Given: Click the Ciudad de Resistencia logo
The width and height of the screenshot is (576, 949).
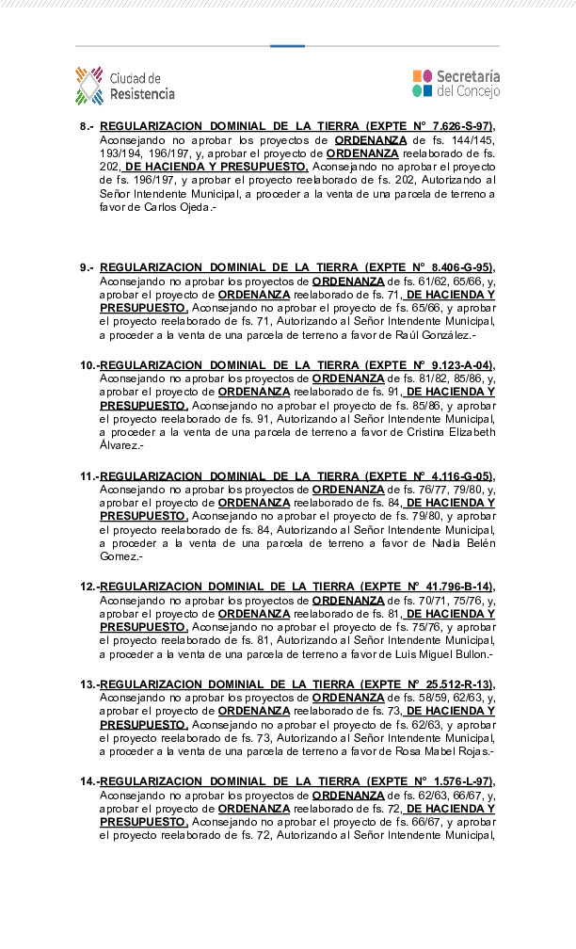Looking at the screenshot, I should coord(124,86).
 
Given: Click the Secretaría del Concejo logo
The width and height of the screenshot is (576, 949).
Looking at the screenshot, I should coord(456,84).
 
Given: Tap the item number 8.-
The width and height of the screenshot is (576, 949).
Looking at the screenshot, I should coord(87,126).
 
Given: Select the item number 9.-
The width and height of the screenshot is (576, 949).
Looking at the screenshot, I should coord(87,267).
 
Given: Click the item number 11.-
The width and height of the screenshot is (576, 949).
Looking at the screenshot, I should coord(88,476).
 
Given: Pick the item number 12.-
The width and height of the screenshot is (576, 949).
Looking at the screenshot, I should coord(88,587).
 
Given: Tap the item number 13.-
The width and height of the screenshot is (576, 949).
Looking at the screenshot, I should coord(88,684).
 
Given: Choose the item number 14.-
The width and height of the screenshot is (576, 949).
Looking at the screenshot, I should coord(88,782).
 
